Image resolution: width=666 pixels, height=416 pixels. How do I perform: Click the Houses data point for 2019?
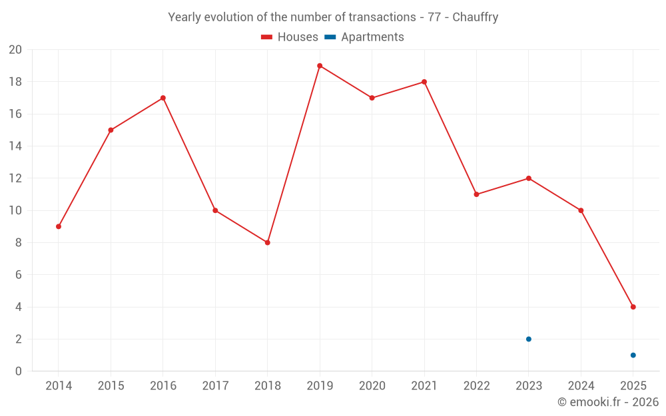[x=320, y=66]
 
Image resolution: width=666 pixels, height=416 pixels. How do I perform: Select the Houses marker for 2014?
[x=59, y=226]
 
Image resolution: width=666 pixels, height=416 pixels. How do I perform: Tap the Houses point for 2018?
[x=267, y=242]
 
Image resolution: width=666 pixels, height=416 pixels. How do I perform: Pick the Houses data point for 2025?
[x=633, y=307]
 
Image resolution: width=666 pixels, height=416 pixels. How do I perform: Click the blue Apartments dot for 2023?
[x=529, y=339]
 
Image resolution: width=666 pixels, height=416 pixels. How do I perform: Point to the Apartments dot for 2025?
[x=633, y=355]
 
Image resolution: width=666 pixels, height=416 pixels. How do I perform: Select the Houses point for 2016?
[x=163, y=98]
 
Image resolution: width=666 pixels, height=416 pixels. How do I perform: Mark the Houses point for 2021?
[x=424, y=82]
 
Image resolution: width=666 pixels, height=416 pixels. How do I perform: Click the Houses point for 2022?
[x=476, y=194]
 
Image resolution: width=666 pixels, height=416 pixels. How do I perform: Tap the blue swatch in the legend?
[x=330, y=37]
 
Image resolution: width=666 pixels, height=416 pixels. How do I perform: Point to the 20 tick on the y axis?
[x=15, y=50]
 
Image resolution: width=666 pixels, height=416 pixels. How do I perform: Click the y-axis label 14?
[x=15, y=146]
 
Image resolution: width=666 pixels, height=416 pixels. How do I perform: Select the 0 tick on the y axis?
[x=19, y=371]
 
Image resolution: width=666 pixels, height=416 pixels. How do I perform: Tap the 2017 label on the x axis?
[x=215, y=386]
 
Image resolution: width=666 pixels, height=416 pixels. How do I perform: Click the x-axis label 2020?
[x=372, y=386]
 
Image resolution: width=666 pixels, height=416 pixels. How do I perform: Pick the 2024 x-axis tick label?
[x=581, y=386]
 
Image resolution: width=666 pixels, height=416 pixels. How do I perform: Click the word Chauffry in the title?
[x=475, y=17]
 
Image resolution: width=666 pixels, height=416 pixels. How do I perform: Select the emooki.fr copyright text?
[x=607, y=402]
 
